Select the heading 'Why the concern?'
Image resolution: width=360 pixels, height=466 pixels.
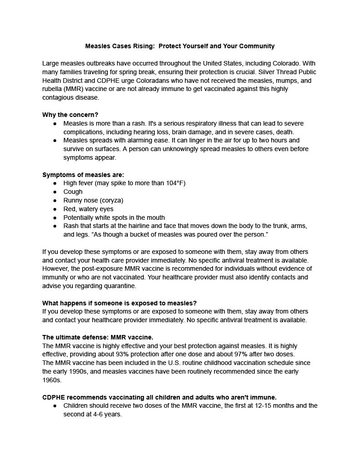(x=70, y=115)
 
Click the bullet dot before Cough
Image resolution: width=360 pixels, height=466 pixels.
(x=55, y=192)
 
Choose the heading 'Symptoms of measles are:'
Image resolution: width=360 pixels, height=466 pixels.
(x=83, y=175)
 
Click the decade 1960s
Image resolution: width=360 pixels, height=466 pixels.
(x=52, y=380)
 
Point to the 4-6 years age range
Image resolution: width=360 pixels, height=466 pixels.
(x=102, y=414)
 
